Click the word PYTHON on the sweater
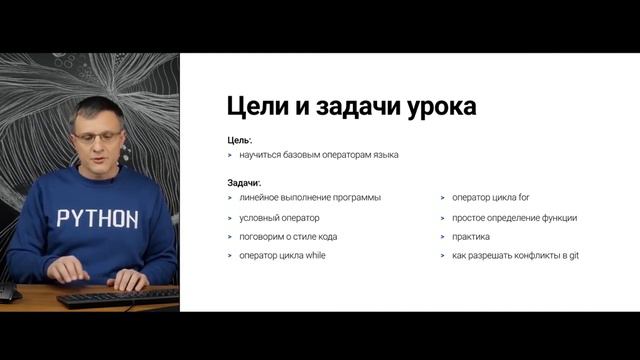97,218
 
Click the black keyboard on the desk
118,296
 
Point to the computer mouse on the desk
8,293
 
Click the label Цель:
240,141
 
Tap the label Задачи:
245,183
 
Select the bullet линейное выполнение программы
310,198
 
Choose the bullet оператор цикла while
282,256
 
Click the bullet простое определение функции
514,218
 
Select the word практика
471,237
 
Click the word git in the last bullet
573,256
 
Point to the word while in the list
314,256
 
